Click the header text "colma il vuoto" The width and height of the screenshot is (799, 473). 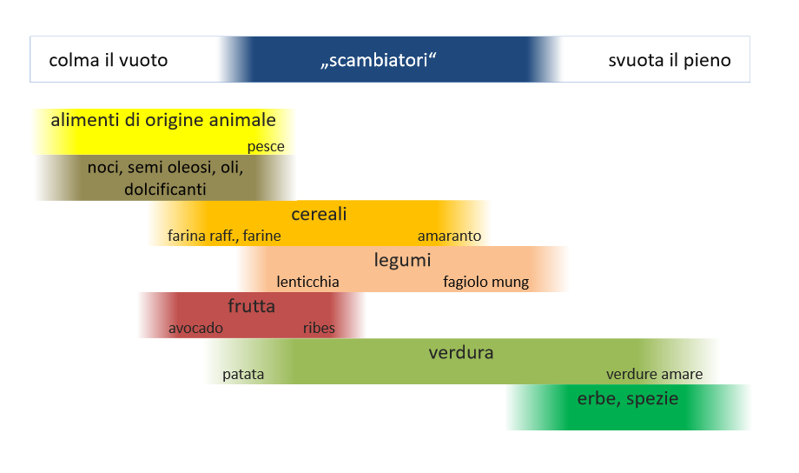(x=108, y=60)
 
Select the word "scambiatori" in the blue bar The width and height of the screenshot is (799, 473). (x=379, y=60)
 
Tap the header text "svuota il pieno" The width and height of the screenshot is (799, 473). (x=670, y=61)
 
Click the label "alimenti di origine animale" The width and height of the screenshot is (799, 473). (x=163, y=120)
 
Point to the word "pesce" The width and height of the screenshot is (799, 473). (x=266, y=147)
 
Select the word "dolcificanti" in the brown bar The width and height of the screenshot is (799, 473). (x=165, y=190)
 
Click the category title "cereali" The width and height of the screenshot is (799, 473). (x=319, y=214)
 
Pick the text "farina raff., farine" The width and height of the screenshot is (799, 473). (x=224, y=236)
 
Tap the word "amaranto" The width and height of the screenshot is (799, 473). (x=450, y=236)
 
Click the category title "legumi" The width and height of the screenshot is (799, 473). (x=403, y=260)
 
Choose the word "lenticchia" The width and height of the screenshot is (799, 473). (x=307, y=282)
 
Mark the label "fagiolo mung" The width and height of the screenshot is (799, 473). (x=486, y=283)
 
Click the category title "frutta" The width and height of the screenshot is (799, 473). (x=251, y=306)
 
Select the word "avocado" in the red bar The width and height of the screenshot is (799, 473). (x=195, y=328)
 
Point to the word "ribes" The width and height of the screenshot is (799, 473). (x=319, y=328)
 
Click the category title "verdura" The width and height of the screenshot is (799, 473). (x=461, y=353)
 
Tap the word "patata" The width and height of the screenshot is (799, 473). (x=243, y=375)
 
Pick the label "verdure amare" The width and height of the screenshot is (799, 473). (x=654, y=375)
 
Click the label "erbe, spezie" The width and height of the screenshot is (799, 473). (x=628, y=399)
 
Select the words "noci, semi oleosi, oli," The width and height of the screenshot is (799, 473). (x=165, y=167)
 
